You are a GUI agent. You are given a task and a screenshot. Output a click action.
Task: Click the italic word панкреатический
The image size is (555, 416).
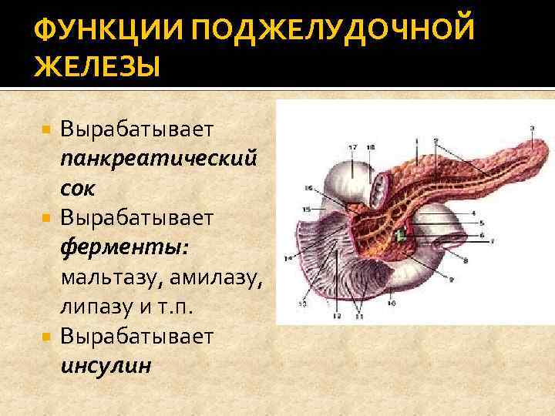tap(158, 158)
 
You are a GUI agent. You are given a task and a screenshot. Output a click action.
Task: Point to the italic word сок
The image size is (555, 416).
tap(77, 188)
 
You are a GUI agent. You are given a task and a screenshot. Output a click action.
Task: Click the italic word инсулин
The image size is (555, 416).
tap(106, 364)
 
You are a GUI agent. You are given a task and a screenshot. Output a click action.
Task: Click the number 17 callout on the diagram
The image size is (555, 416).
tap(352, 146)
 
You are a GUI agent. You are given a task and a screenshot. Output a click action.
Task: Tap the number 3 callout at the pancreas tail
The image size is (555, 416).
tap(533, 127)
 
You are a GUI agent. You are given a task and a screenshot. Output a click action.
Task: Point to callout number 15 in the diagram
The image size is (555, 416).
tap(306, 210)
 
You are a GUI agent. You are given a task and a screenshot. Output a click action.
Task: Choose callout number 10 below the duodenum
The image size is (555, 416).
tap(392, 304)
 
